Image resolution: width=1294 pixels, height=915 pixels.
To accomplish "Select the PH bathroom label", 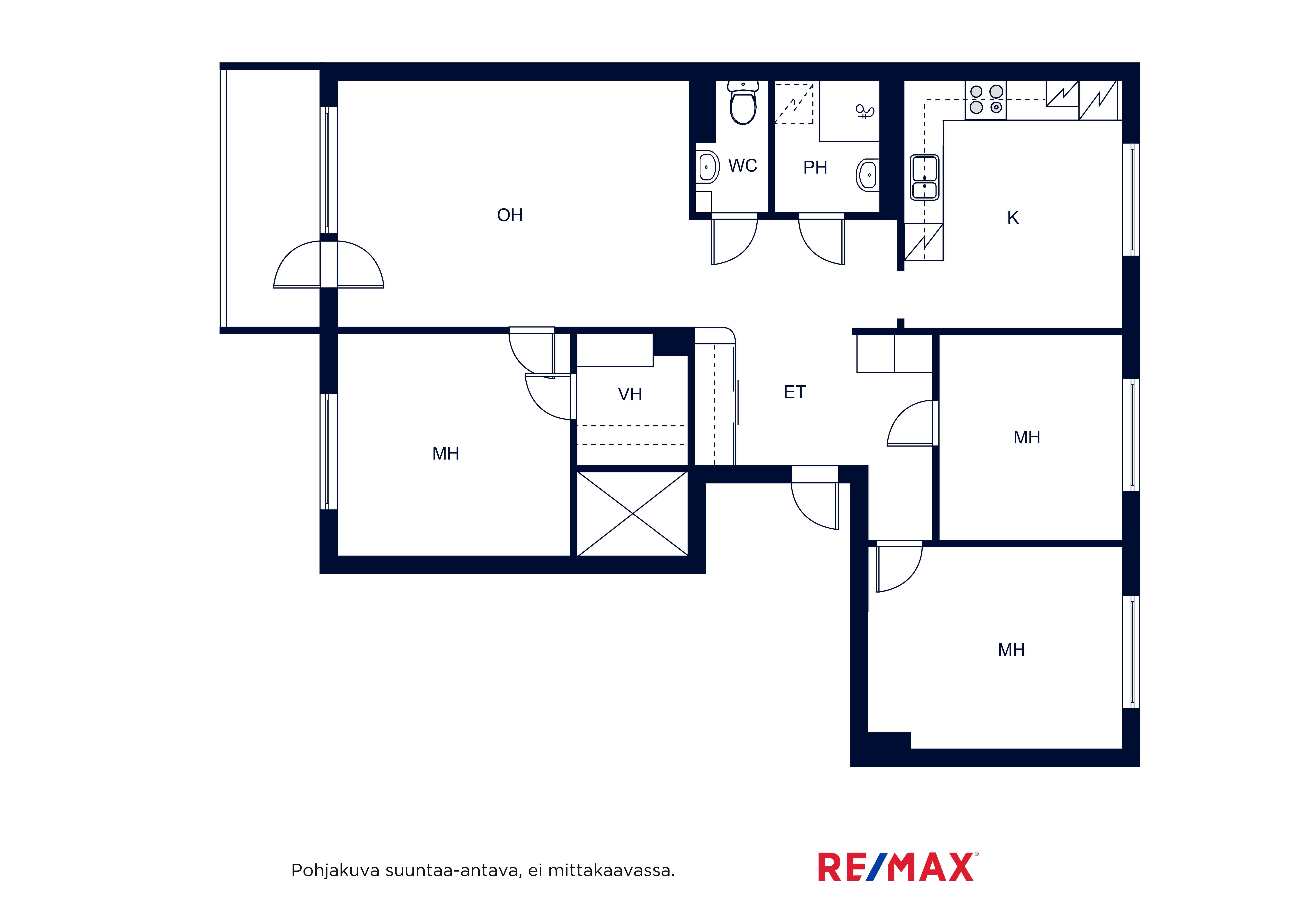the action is [815, 168].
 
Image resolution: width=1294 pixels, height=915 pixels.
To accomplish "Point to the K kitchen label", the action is [1013, 218].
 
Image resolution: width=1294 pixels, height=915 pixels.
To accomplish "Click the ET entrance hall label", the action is [795, 392].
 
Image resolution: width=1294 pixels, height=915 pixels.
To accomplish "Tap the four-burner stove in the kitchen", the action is [986, 100].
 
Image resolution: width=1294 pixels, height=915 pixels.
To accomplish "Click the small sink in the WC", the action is [707, 167].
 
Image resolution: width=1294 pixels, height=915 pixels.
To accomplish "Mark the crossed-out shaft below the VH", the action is [632, 514].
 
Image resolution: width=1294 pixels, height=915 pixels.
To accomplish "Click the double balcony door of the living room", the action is [329, 264].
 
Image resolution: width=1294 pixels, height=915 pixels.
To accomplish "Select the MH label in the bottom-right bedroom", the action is [1011, 650].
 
